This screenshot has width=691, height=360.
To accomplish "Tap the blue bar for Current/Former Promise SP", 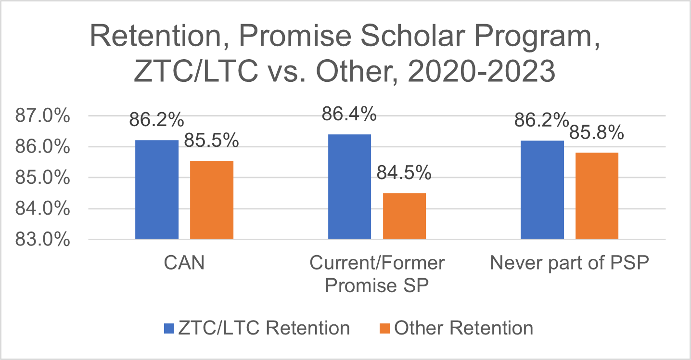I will pos(350,186).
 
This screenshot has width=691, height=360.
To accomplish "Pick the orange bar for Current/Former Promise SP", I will pos(404,216).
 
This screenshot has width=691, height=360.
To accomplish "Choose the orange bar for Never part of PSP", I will pos(597,195).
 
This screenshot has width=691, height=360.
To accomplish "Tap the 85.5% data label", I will pos(212,141).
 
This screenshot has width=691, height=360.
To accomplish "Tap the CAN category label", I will pos(184,263).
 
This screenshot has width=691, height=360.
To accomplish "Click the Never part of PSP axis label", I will pos(570,263).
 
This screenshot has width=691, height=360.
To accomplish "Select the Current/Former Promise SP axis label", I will pos(377,274).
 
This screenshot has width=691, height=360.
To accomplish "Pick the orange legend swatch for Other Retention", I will pos(384,328).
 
